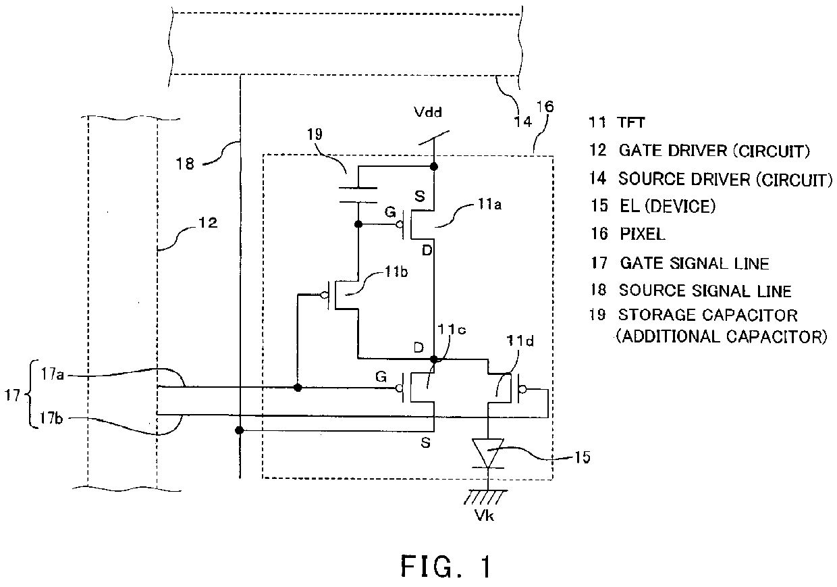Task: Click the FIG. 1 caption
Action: (x=446, y=566)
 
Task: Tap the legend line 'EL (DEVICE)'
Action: (x=664, y=207)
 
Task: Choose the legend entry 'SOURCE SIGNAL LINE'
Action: (x=705, y=290)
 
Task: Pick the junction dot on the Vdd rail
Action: (x=434, y=165)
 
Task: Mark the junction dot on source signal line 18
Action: (x=239, y=430)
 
